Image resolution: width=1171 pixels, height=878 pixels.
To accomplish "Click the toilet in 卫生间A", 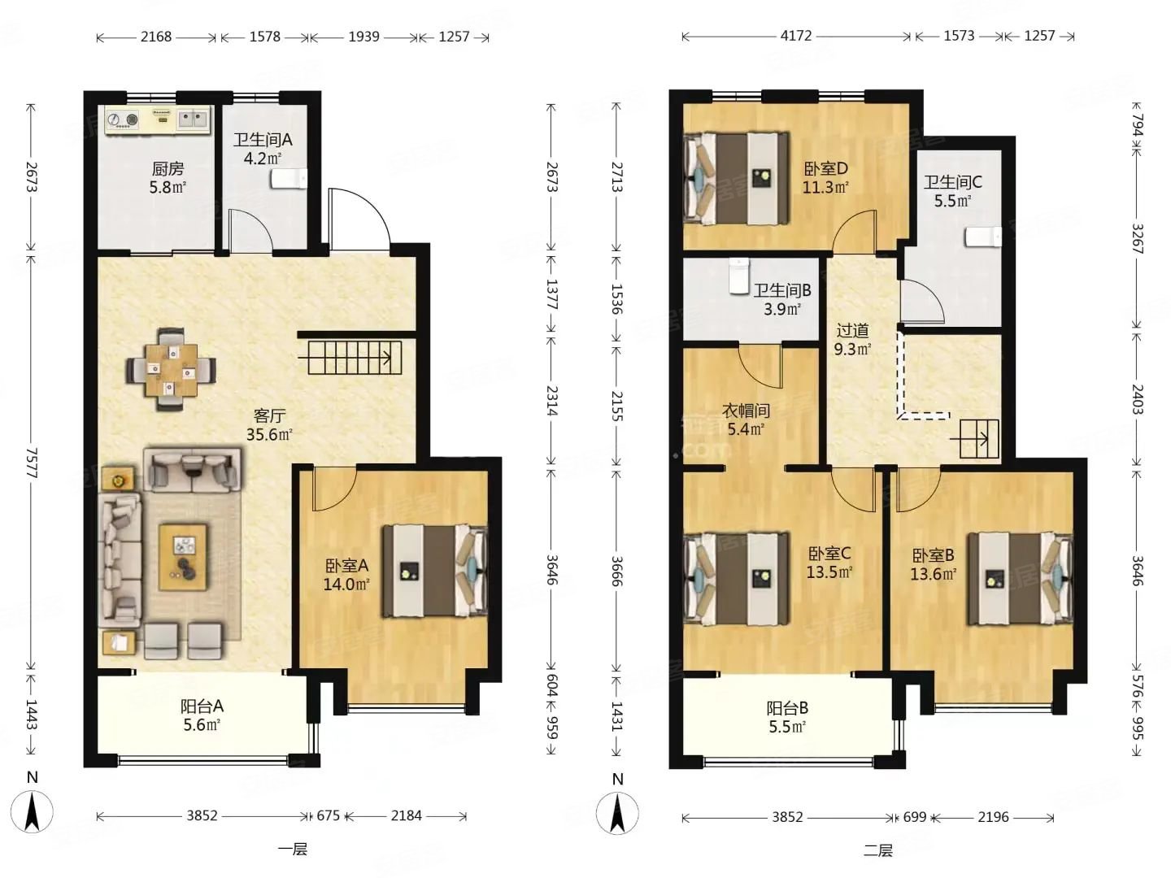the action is (289, 179).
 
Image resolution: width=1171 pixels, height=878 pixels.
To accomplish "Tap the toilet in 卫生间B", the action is (739, 276).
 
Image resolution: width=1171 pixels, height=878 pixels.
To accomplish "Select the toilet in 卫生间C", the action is (982, 237).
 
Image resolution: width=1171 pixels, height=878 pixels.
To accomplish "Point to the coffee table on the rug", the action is (184, 557).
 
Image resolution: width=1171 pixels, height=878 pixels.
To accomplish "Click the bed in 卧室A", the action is (434, 572).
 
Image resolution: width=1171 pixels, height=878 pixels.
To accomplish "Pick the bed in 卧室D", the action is (736, 178).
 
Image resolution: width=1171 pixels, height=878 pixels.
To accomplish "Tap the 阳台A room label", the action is (202, 706).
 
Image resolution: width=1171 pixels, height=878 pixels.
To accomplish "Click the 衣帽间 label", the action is (746, 411).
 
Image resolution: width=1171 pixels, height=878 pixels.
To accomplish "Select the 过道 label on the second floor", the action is (852, 331).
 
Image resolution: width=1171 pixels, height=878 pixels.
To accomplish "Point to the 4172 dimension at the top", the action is (796, 36).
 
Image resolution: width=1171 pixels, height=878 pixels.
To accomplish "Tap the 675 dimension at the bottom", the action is (328, 815).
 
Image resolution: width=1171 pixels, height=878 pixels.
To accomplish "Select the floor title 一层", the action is (293, 850).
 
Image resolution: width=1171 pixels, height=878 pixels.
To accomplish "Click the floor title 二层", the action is (877, 850).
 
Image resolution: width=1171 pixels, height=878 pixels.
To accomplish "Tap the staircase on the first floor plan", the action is (355, 358).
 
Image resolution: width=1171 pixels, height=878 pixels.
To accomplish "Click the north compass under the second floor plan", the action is (617, 812).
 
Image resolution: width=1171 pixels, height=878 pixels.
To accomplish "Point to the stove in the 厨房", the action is (122, 120).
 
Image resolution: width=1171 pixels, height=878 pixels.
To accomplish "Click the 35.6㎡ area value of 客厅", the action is (269, 434).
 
